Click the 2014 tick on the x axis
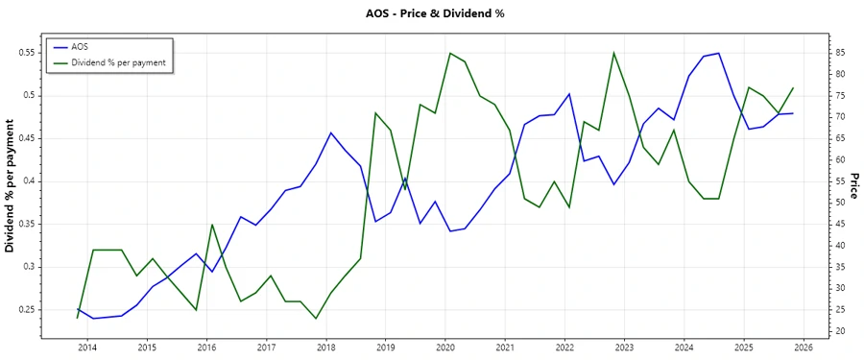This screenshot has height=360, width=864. click(87, 347)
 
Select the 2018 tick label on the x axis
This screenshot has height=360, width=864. click(326, 347)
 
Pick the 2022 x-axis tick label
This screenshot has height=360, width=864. click(564, 347)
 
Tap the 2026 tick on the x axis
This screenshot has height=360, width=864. click(804, 347)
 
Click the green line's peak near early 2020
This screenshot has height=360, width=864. click(450, 53)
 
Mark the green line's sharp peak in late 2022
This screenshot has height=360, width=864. click(613, 53)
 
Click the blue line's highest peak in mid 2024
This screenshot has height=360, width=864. click(718, 53)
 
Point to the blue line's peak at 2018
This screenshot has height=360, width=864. click(330, 132)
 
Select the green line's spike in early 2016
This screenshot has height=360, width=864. click(212, 224)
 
